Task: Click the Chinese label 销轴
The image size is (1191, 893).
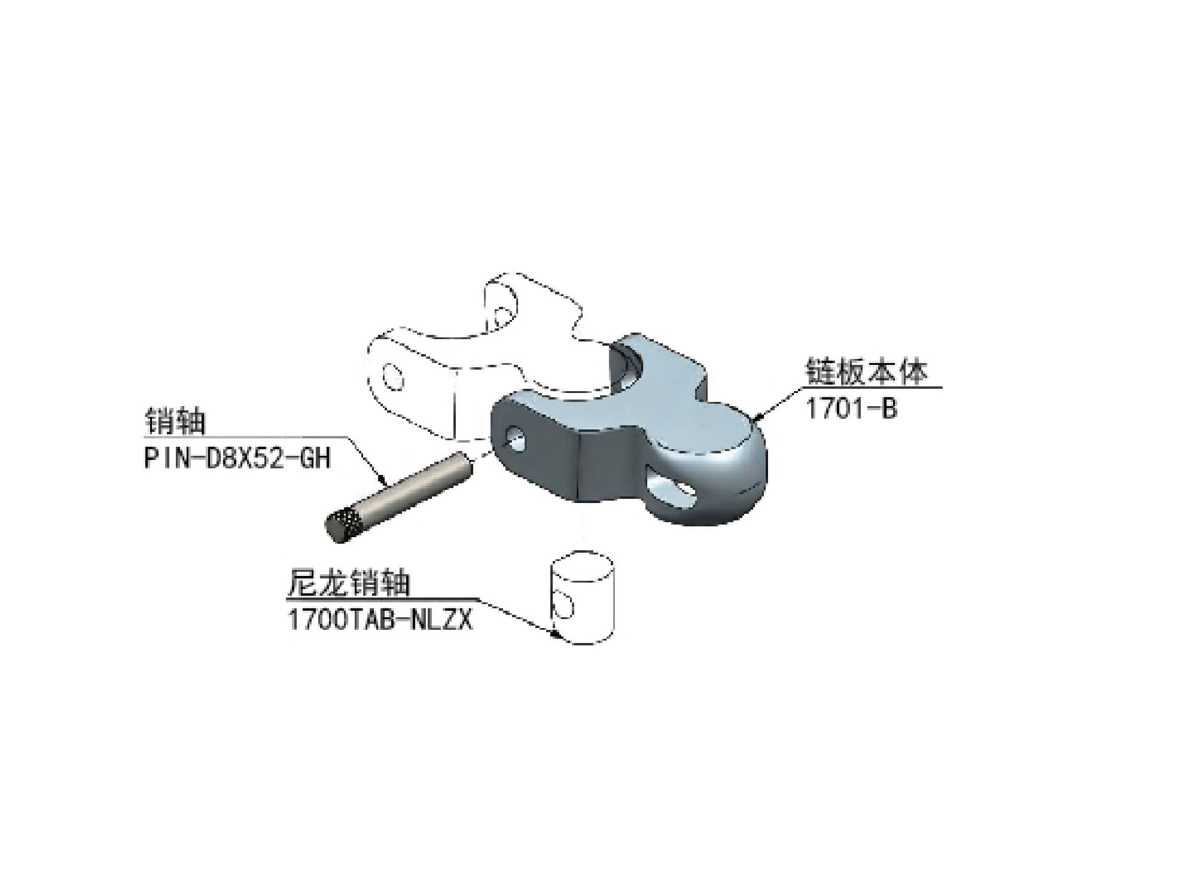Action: click(175, 422)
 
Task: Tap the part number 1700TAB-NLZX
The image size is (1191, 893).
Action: click(380, 620)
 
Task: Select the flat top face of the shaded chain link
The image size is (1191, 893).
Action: click(634, 413)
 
